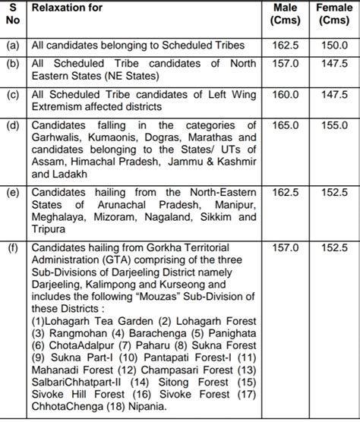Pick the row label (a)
(x=12, y=45)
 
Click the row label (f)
(x=12, y=247)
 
